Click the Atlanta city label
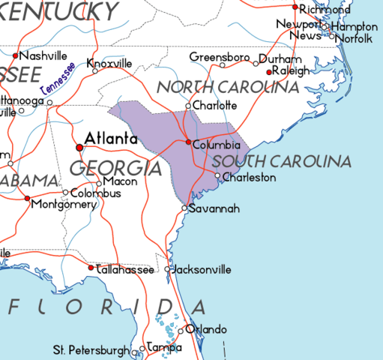coord(111,139)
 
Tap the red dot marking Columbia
coord(187,142)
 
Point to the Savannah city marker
coord(185,208)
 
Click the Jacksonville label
coord(202,269)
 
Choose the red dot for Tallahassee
coord(91,267)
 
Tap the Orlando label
coord(206,329)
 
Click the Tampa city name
coord(165,348)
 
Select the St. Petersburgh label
coord(90,349)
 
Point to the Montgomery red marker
coord(28,199)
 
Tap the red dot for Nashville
coord(16,55)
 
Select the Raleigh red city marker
coord(269,71)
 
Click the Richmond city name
coord(324,10)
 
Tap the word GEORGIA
coord(116,168)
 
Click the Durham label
coord(280,58)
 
